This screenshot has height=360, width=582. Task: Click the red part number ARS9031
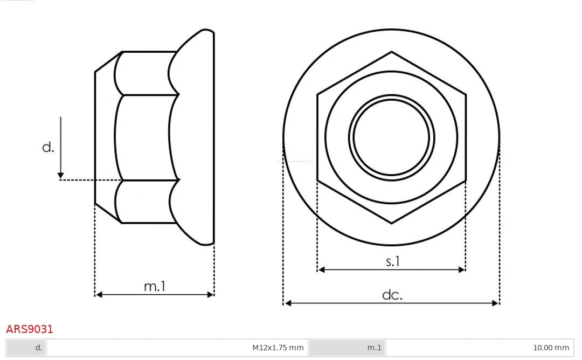(30, 329)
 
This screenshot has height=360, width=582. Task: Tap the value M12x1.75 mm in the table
(278, 348)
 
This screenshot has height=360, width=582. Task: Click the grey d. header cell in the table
(26, 348)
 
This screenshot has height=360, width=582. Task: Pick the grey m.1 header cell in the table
(348, 348)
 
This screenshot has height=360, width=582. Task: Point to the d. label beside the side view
(48, 147)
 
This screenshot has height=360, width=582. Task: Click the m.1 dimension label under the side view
(155, 287)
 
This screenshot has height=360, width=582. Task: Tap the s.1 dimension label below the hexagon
(393, 262)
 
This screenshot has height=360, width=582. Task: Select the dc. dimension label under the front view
(392, 295)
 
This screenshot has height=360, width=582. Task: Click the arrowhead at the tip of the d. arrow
(61, 176)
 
